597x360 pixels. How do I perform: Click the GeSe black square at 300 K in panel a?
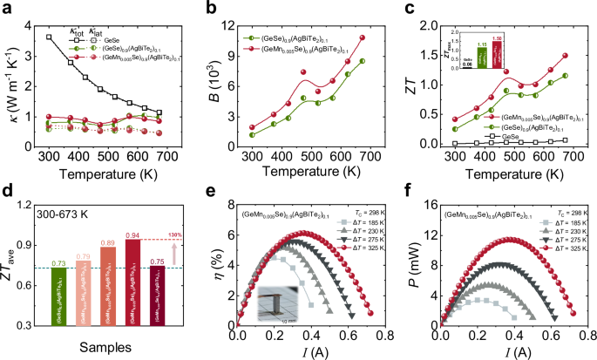(49, 37)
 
